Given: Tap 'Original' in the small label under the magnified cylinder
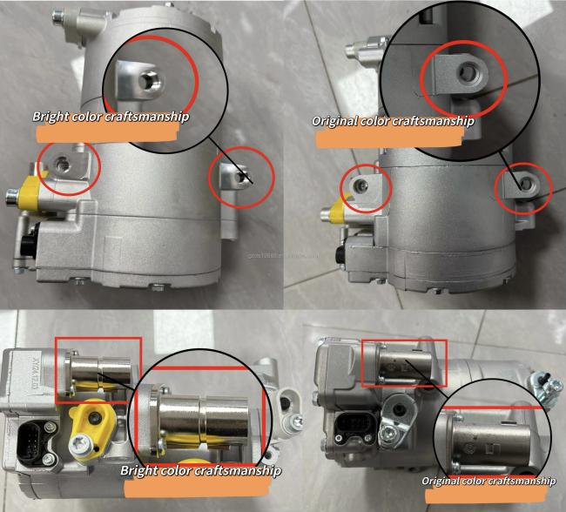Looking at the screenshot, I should [442, 481].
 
